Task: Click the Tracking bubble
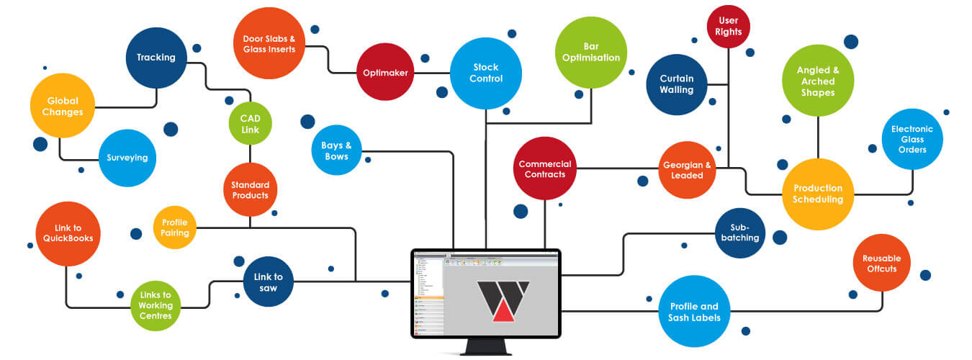(x=156, y=58)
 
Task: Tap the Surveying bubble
(x=127, y=157)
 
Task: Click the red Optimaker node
(x=385, y=73)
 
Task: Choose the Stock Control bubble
(x=486, y=73)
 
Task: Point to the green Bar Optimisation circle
(x=591, y=52)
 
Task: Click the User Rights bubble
(x=729, y=27)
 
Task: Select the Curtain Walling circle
(x=677, y=84)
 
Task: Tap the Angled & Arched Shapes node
(x=818, y=81)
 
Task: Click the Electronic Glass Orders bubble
(x=912, y=139)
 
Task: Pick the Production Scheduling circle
(x=818, y=194)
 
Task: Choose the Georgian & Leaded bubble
(x=687, y=170)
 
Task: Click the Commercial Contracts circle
(x=545, y=169)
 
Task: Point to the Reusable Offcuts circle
(x=882, y=264)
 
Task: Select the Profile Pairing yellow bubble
(x=175, y=228)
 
